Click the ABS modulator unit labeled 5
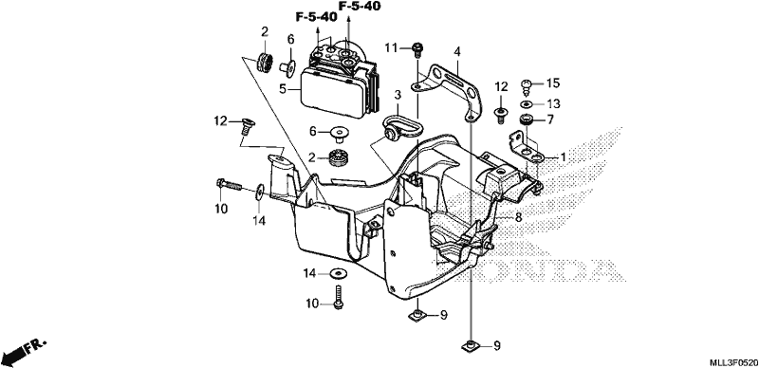[x=339, y=83]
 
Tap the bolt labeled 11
[x=417, y=48]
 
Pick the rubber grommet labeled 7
[x=527, y=120]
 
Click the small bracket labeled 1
[x=528, y=147]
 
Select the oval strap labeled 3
[x=401, y=125]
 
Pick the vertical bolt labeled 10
[x=339, y=295]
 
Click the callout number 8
[x=518, y=218]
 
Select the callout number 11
[x=391, y=47]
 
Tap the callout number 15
[x=553, y=83]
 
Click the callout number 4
[x=456, y=51]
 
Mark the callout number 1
[x=563, y=157]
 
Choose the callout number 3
[x=397, y=95]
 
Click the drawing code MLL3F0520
[x=732, y=362]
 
